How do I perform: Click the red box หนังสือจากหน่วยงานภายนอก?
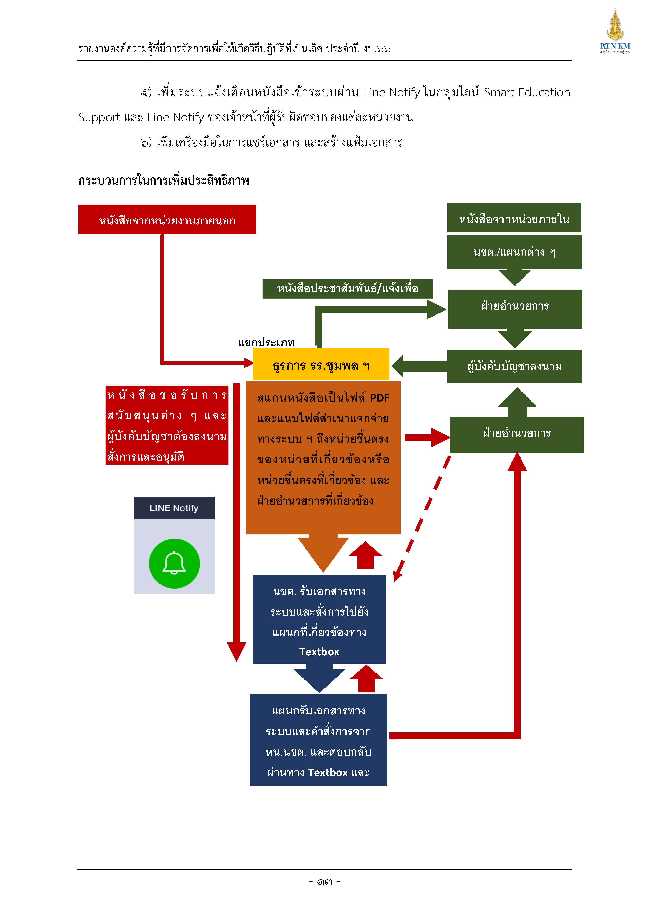(167, 219)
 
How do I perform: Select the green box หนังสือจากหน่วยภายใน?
(514, 218)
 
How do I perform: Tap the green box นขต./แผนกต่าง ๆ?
(514, 252)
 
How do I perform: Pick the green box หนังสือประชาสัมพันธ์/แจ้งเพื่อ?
(347, 289)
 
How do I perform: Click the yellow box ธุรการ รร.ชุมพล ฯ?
(321, 364)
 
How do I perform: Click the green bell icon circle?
(174, 564)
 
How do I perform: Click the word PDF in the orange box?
(380, 398)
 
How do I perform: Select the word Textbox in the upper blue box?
(319, 652)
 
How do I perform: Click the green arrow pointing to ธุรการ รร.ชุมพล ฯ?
(420, 366)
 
